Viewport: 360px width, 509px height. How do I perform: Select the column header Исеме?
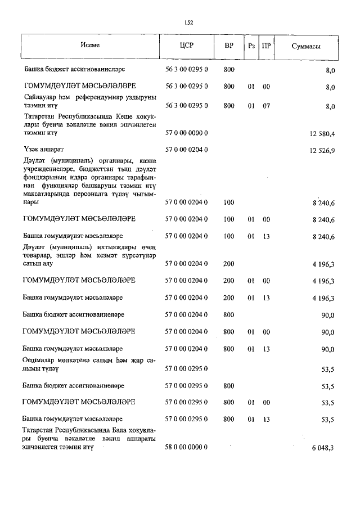click(90, 47)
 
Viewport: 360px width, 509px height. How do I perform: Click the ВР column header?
click(228, 47)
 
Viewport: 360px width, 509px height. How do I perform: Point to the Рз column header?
click(251, 47)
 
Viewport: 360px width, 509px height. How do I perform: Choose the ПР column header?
click(266, 47)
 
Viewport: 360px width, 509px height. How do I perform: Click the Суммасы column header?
click(306, 47)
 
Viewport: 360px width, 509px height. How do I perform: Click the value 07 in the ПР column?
click(266, 105)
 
